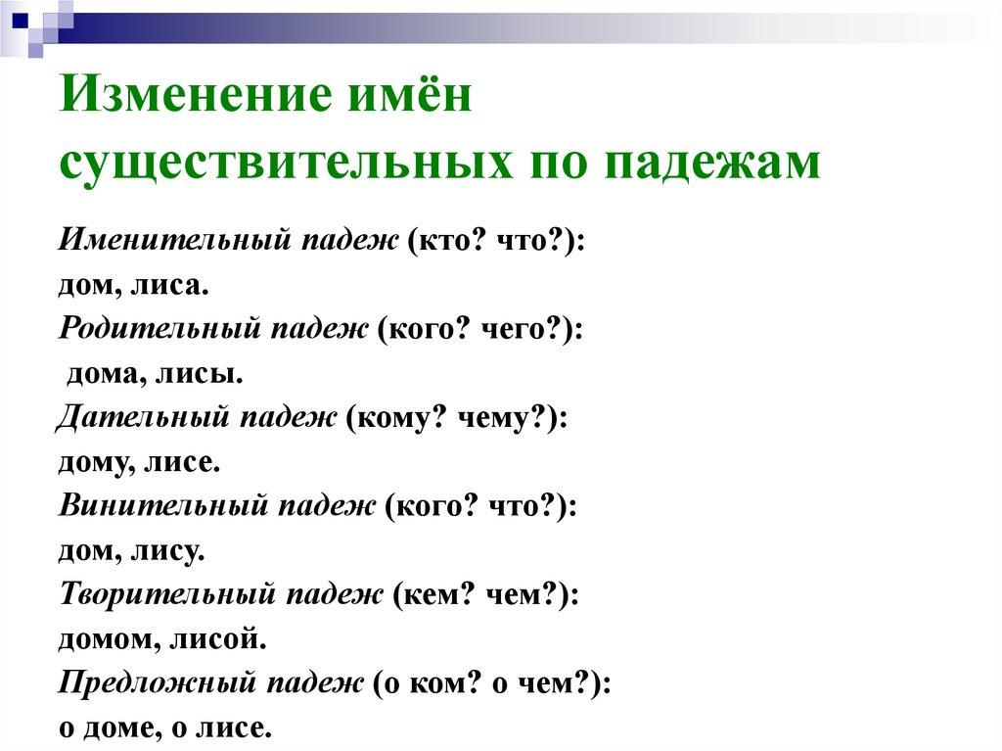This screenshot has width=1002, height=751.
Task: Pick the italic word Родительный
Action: pyautogui.click(x=160, y=330)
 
